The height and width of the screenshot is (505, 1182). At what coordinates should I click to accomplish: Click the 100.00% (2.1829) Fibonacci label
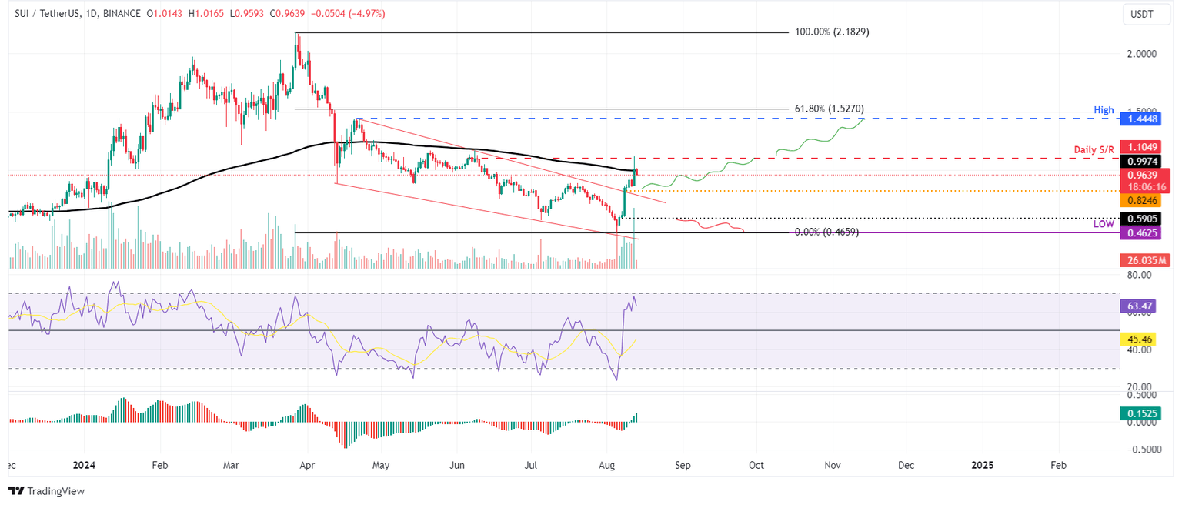[x=832, y=32]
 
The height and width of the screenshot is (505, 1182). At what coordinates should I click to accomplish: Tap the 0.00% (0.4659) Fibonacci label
[x=826, y=231]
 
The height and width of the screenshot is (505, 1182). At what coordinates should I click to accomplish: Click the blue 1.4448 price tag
[x=1139, y=119]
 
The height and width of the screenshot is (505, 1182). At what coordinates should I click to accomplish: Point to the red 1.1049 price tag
[x=1139, y=146]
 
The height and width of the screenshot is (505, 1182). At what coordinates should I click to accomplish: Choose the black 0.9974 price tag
[x=1139, y=161]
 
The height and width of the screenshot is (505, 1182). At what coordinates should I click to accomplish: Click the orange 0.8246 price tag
[x=1139, y=200]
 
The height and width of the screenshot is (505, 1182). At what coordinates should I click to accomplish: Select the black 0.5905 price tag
[x=1139, y=218]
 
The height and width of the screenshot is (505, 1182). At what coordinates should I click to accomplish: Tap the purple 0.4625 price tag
[x=1139, y=231]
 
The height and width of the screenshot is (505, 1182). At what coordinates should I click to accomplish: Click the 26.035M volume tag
[x=1143, y=261]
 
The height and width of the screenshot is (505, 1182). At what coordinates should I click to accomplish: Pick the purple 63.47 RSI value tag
[x=1139, y=306]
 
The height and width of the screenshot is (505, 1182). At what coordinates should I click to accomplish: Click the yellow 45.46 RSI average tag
[x=1139, y=339]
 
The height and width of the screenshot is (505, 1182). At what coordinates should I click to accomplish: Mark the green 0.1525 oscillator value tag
[x=1139, y=413]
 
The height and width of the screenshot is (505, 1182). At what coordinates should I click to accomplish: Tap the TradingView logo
[x=46, y=490]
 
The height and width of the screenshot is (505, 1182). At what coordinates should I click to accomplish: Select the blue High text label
[x=1104, y=110]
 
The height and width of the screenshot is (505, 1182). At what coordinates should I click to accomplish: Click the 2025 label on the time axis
[x=982, y=465]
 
